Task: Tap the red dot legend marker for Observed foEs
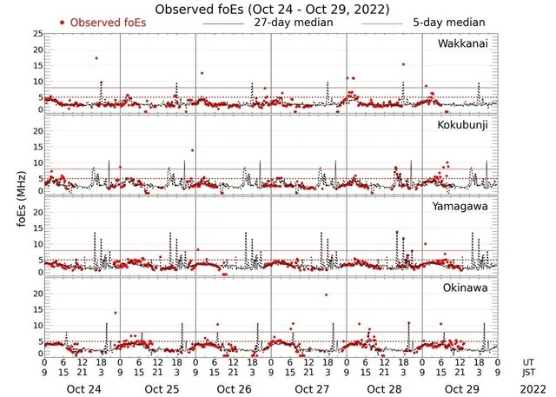(62, 22)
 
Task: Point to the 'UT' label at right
(529, 362)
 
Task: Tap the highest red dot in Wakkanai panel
(96, 58)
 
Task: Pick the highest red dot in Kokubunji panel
(192, 150)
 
